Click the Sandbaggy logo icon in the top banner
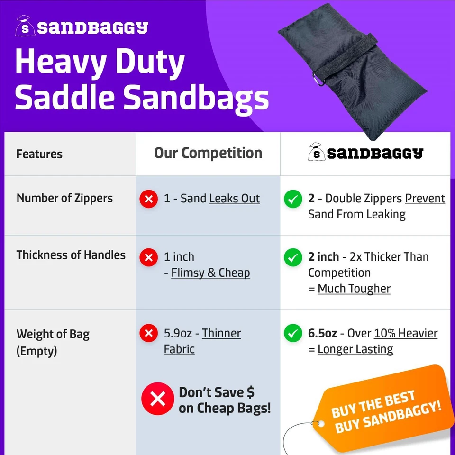point(25,27)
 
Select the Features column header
point(39,154)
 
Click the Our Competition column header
point(208,153)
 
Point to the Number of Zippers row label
point(64,198)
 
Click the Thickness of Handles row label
point(71,255)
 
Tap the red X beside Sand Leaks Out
point(148,199)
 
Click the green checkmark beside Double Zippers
point(293,199)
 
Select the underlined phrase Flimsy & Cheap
point(210,273)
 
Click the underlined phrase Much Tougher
point(354,289)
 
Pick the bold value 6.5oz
point(322,333)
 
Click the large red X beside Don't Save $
point(157,399)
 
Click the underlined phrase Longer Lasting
point(355,349)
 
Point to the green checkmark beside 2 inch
point(293,257)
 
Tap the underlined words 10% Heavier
point(406,333)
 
